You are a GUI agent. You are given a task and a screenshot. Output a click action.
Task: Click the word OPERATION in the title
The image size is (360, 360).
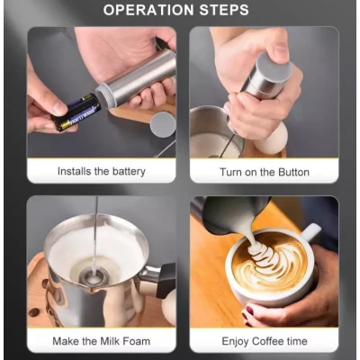click(148, 10)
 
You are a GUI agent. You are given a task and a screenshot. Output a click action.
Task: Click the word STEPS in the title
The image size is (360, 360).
click(224, 10)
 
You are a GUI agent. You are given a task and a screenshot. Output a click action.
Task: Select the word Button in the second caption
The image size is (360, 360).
click(293, 172)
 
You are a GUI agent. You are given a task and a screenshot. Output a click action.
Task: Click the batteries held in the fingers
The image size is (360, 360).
click(76, 112)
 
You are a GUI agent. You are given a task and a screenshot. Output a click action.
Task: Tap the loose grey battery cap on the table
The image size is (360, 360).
click(163, 124)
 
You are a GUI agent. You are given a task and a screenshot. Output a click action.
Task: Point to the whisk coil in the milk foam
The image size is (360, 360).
click(93, 277)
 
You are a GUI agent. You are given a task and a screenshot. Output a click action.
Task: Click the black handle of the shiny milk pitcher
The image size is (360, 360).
click(166, 280)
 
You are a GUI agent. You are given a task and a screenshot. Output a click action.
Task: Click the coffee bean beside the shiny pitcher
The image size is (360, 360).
click(34, 312)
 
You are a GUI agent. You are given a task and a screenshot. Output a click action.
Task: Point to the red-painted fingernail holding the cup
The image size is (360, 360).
click(248, 310)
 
